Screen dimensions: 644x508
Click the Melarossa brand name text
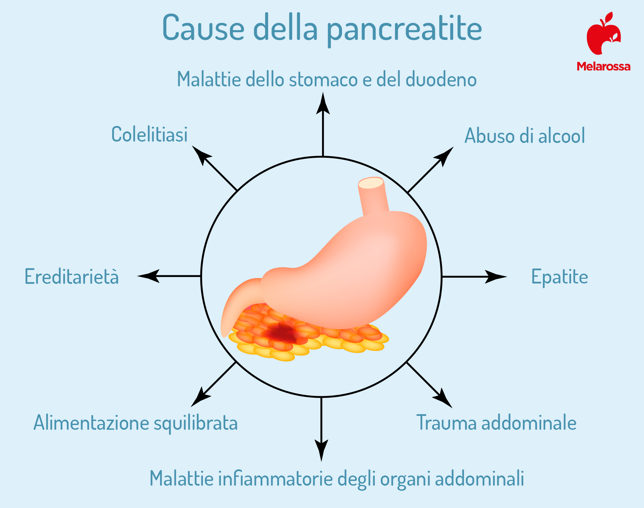click(604, 66)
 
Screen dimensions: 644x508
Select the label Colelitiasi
click(149, 134)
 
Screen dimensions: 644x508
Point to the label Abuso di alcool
click(525, 136)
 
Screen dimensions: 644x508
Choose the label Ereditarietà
click(72, 276)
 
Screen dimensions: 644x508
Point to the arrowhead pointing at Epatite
click(496, 276)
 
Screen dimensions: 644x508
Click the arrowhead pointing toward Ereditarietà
click(148, 276)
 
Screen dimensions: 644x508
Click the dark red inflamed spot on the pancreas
click(280, 333)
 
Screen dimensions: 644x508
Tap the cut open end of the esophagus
click(371, 183)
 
